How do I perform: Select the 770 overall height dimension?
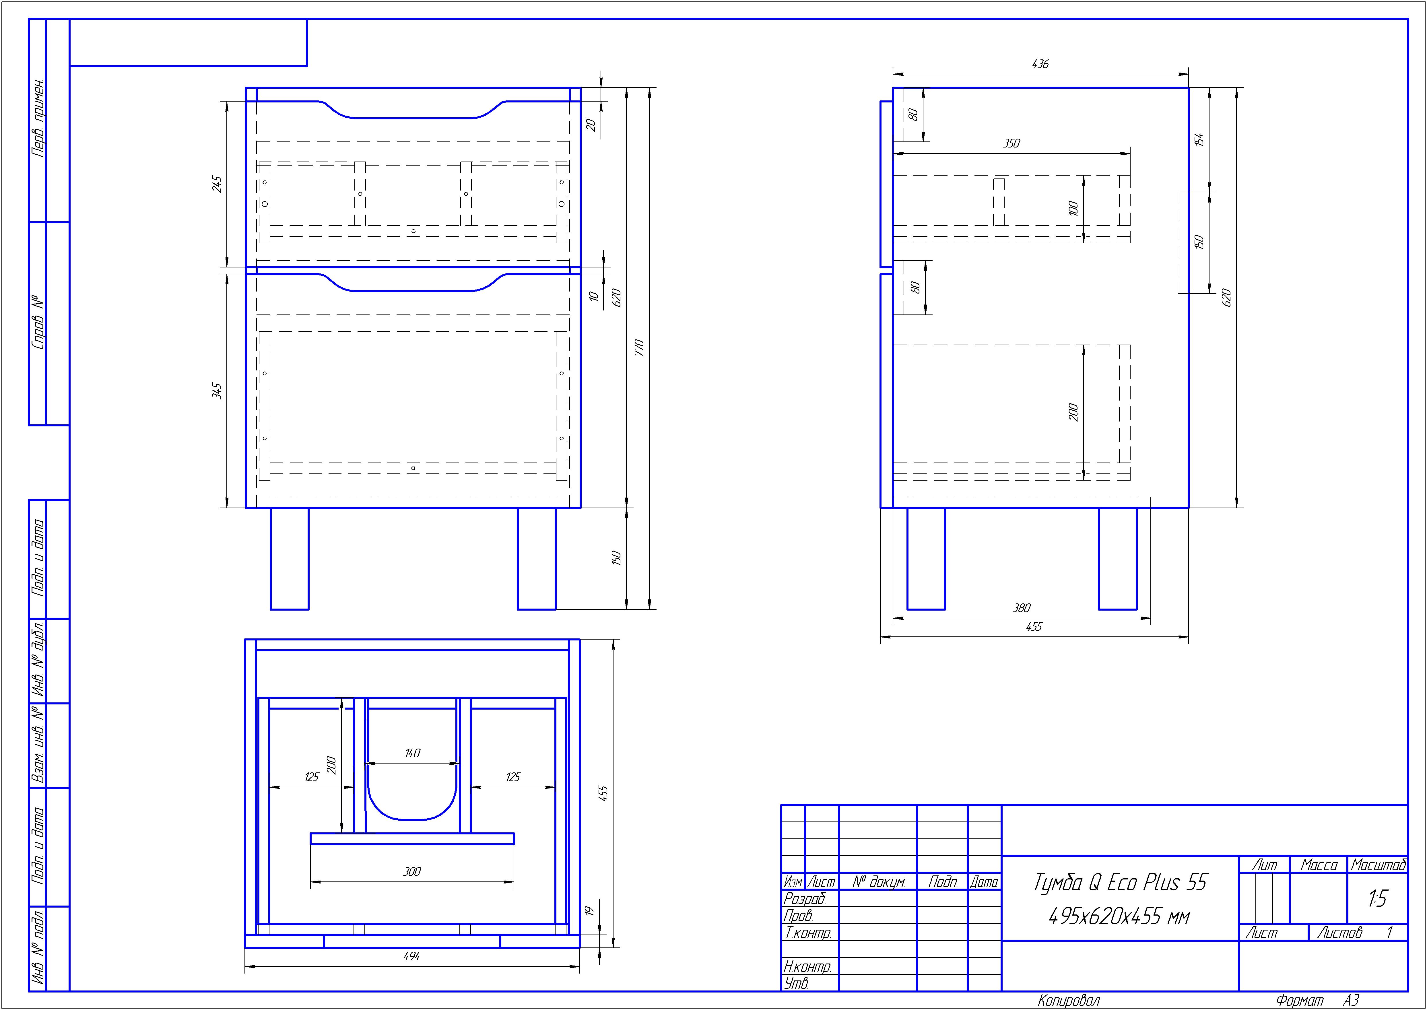[x=638, y=348]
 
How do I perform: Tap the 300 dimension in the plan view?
[x=412, y=871]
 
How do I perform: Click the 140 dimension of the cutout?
[x=412, y=753]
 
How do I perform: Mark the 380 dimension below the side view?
[x=1022, y=608]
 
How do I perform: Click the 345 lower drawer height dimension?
[x=217, y=391]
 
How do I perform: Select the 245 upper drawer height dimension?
[x=217, y=184]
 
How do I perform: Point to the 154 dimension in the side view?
[x=1199, y=139]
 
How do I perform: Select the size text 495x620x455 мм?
[x=1119, y=916]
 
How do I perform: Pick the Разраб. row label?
[x=805, y=899]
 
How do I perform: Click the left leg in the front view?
[x=290, y=558]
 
